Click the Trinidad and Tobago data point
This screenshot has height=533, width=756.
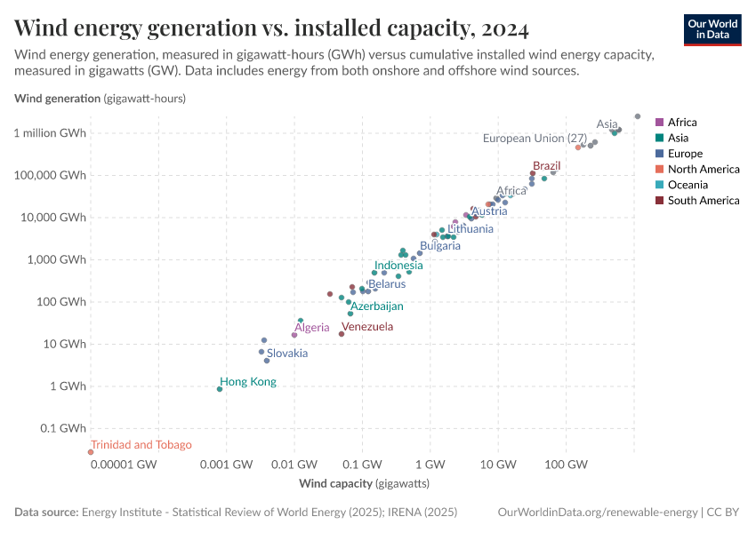(91, 452)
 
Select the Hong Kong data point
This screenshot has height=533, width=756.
(220, 389)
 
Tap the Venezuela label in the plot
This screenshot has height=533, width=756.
(367, 327)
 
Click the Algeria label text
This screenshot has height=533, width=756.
(311, 328)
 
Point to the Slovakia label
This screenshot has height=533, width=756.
(287, 354)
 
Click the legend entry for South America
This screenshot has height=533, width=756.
(703, 201)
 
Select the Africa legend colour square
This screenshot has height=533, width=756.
(659, 123)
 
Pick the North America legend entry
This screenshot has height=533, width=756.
(703, 170)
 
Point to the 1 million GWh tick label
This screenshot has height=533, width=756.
(51, 133)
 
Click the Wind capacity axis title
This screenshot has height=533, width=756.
(364, 484)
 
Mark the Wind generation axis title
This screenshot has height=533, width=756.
(100, 99)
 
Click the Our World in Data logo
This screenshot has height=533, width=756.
(712, 28)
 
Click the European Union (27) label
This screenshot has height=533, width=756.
(535, 139)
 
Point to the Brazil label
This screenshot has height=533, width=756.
(546, 166)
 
